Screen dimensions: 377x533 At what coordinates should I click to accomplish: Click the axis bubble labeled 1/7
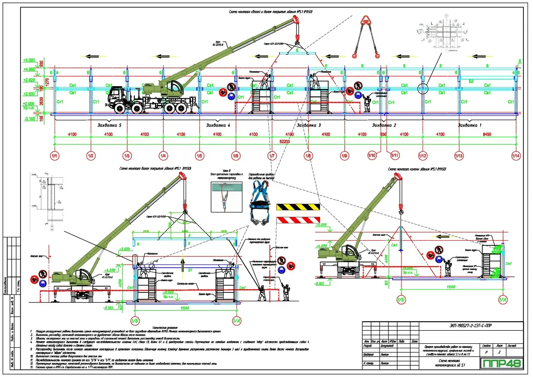tap(272, 156)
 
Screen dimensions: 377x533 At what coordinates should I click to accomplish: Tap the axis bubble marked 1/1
tap(55, 156)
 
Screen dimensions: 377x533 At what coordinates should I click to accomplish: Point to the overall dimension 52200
tap(285, 142)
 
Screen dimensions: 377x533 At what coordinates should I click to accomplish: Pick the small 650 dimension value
tap(384, 135)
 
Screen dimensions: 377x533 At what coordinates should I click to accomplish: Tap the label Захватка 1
tap(469, 125)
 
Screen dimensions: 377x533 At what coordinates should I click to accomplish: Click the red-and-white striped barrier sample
tap(298, 220)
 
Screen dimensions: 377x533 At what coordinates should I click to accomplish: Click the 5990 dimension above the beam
tap(184, 232)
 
